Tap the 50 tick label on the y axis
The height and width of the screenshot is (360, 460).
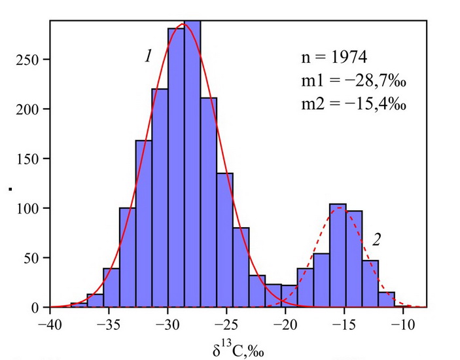tap(33, 258)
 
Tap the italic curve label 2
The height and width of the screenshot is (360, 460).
tap(377, 240)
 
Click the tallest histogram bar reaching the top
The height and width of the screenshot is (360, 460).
tap(192, 164)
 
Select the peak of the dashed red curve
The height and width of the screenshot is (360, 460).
tap(338, 208)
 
